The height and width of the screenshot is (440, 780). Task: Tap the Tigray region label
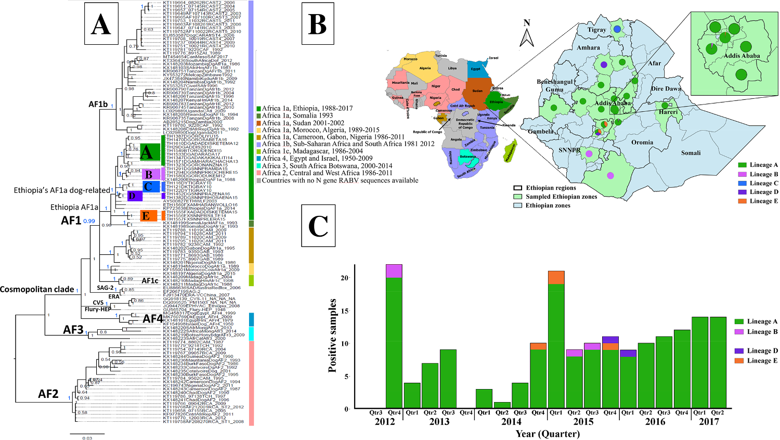tap(596, 30)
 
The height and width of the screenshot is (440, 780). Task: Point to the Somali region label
tap(691, 153)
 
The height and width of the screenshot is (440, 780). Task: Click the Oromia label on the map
tap(642, 143)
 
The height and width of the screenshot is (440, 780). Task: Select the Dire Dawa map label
tap(666, 88)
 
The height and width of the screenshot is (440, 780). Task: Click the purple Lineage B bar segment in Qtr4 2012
tap(394, 271)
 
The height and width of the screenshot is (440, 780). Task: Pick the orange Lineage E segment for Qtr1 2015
tap(556, 277)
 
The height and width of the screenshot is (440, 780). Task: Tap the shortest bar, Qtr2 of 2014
tap(502, 405)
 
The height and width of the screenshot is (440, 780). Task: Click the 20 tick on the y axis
tap(344, 278)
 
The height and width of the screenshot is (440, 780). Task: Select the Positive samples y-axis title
tap(332, 335)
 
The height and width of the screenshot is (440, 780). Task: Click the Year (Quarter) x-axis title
tap(548, 434)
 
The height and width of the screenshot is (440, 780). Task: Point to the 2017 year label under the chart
tap(709, 422)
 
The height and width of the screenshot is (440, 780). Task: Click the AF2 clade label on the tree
tap(48, 394)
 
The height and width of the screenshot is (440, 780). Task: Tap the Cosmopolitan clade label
tap(37, 289)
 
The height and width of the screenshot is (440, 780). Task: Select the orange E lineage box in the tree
tap(148, 215)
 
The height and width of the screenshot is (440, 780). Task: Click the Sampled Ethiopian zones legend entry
tap(561, 197)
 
